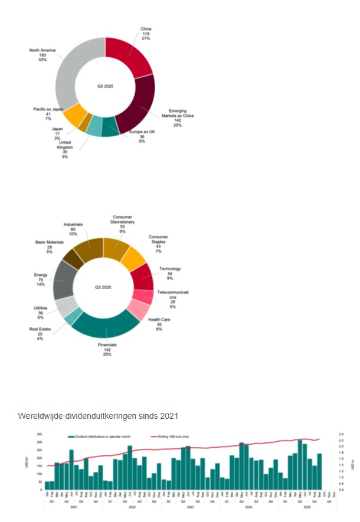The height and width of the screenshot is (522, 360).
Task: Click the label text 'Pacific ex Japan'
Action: (48, 109)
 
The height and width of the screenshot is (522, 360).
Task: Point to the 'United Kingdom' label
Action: (65, 145)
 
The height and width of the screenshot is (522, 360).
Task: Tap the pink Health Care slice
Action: (139, 309)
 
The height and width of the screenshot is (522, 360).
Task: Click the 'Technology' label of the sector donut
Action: (170, 269)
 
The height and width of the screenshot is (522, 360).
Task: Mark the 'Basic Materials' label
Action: (47, 242)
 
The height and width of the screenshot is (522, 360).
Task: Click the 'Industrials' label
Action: (73, 224)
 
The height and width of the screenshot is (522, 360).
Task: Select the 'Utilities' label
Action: (40, 308)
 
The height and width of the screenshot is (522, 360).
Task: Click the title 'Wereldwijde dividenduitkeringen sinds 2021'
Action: (98, 416)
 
